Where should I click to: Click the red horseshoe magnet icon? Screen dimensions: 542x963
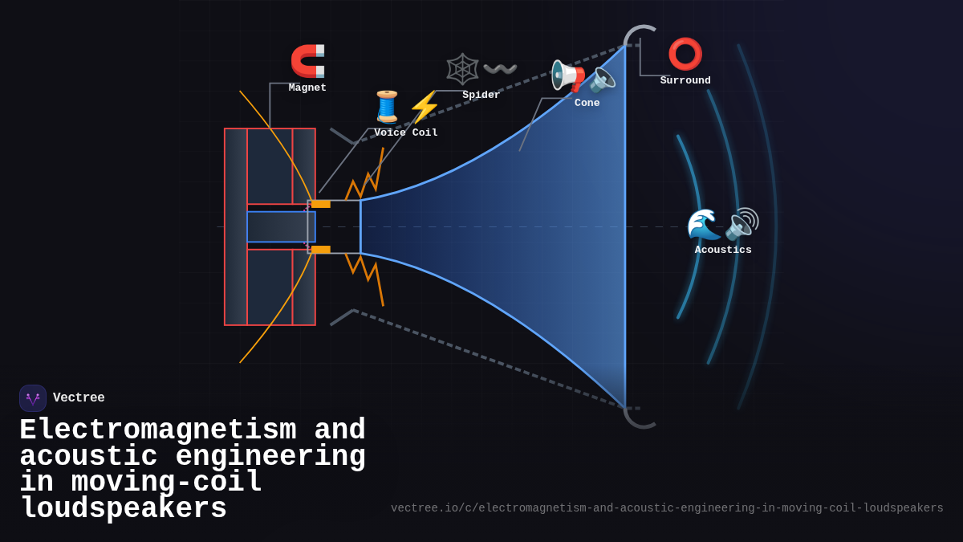pos(307,61)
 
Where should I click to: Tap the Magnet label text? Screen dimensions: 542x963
pos(307,88)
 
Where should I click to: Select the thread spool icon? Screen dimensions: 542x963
pos(387,107)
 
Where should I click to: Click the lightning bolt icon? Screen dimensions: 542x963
pos(425,107)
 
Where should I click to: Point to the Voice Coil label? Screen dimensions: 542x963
pos(406,132)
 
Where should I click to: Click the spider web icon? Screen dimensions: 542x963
pos(462,69)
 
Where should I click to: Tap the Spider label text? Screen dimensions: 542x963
pos(481,95)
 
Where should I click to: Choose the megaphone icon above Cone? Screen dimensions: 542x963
pos(568,75)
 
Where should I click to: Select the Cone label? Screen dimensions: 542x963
pos(587,103)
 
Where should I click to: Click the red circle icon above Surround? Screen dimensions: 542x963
pos(685,54)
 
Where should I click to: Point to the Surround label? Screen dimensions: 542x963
pos(685,80)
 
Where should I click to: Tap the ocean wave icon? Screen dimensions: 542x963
pos(704,224)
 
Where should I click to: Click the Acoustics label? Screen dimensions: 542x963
pos(723,250)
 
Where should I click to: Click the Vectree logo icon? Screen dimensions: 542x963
pos(33,398)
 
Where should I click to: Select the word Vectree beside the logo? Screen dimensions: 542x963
pos(79,397)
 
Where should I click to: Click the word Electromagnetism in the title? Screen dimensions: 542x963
pos(158,430)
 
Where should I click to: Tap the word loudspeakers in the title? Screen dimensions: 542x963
pos(124,509)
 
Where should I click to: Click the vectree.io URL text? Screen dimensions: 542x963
pos(667,508)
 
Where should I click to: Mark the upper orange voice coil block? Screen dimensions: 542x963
pos(321,204)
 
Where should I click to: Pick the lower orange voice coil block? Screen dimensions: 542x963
pos(321,250)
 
